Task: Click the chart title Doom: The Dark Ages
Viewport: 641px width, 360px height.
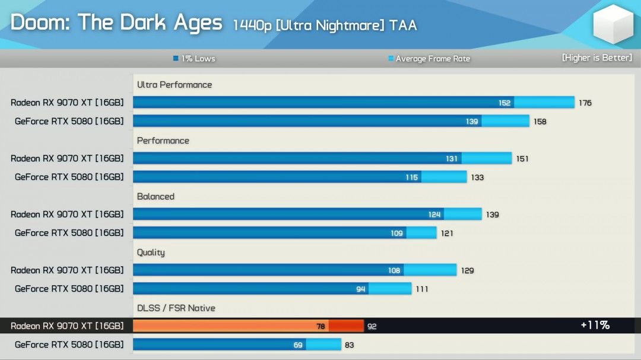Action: pyautogui.click(x=116, y=23)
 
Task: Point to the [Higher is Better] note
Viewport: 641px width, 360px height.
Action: pyautogui.click(x=596, y=58)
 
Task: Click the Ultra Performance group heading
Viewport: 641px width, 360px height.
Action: pyautogui.click(x=174, y=85)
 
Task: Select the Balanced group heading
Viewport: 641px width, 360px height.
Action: pyautogui.click(x=156, y=196)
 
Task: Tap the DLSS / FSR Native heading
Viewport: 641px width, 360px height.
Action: pyautogui.click(x=176, y=308)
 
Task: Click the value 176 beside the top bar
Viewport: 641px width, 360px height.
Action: pyautogui.click(x=585, y=103)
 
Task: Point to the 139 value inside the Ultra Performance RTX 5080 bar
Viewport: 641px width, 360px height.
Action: pyautogui.click(x=472, y=122)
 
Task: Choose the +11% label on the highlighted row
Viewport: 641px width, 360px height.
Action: pyautogui.click(x=595, y=325)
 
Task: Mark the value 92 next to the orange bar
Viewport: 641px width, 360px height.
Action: pyautogui.click(x=372, y=326)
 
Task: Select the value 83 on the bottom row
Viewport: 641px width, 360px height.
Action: pyautogui.click(x=349, y=345)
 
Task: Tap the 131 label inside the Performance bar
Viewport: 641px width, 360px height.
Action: pyautogui.click(x=452, y=158)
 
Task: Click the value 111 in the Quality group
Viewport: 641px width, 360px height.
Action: pyautogui.click(x=421, y=289)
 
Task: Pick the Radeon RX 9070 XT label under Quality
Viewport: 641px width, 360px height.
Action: pyautogui.click(x=67, y=270)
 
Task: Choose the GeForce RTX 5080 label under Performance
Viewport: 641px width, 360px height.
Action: pyautogui.click(x=69, y=177)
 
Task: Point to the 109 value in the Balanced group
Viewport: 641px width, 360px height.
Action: pyautogui.click(x=396, y=233)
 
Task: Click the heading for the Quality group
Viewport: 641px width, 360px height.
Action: pyautogui.click(x=151, y=252)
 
